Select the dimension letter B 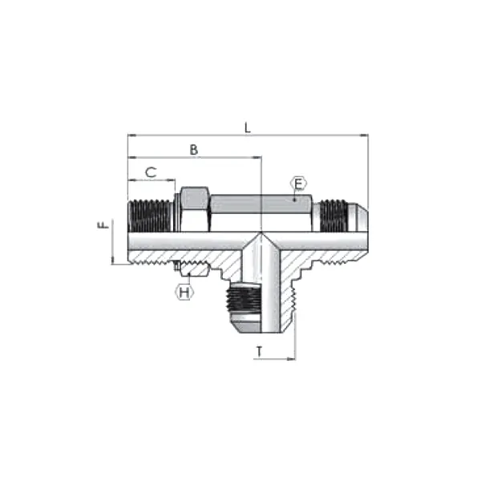click(x=192, y=150)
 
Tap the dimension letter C click(x=150, y=172)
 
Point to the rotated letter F click(x=103, y=227)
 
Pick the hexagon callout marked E click(x=297, y=183)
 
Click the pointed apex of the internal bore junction click(x=261, y=233)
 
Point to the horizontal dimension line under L click(x=248, y=136)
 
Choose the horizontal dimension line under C click(x=151, y=180)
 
